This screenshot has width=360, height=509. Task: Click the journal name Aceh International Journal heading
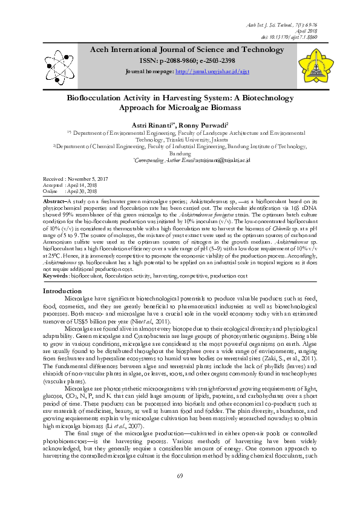click(x=180, y=49)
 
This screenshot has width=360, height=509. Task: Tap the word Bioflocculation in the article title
click(x=99, y=96)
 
